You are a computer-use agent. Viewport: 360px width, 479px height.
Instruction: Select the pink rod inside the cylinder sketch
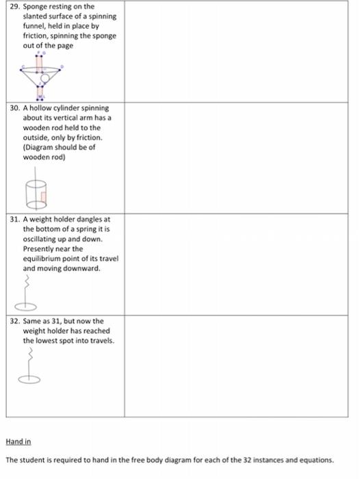pos(42,198)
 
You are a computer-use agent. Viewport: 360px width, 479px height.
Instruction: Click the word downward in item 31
pos(83,268)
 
